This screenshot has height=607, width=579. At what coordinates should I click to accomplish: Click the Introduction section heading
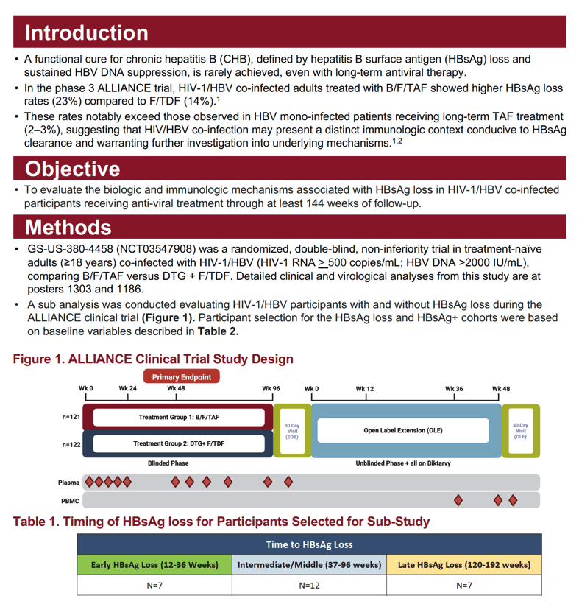click(x=87, y=32)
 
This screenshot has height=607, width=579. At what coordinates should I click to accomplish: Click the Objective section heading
click(x=73, y=169)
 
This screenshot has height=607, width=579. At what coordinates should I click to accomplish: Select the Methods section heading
click(x=68, y=227)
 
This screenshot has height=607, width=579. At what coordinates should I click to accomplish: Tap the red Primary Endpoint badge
click(x=182, y=376)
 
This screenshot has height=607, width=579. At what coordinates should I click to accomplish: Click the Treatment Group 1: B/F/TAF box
click(x=179, y=417)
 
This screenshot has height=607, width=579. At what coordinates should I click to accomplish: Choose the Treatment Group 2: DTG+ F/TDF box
click(x=179, y=443)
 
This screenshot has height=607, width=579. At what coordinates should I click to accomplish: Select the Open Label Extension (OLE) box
click(x=403, y=430)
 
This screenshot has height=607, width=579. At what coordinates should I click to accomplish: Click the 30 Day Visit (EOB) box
click(x=292, y=431)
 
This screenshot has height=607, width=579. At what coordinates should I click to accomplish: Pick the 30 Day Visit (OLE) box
click(x=520, y=431)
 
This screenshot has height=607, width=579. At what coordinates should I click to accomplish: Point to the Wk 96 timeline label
click(x=271, y=388)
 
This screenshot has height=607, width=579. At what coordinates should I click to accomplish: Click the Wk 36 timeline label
click(x=454, y=389)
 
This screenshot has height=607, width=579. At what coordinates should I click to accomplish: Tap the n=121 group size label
click(x=71, y=417)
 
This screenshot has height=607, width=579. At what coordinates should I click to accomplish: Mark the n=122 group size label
click(x=71, y=445)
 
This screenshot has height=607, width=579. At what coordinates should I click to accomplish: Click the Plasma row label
click(x=69, y=483)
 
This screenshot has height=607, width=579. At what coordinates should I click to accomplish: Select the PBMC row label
click(x=70, y=501)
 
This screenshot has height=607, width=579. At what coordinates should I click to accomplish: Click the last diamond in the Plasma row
click(x=288, y=482)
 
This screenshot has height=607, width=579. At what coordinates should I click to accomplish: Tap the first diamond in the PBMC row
click(x=458, y=500)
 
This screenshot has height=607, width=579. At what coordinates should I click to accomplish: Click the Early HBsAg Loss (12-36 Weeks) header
click(x=154, y=565)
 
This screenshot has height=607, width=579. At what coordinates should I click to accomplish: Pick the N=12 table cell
click(x=309, y=586)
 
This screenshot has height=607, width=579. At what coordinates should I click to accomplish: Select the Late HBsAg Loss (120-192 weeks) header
click(x=464, y=565)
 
